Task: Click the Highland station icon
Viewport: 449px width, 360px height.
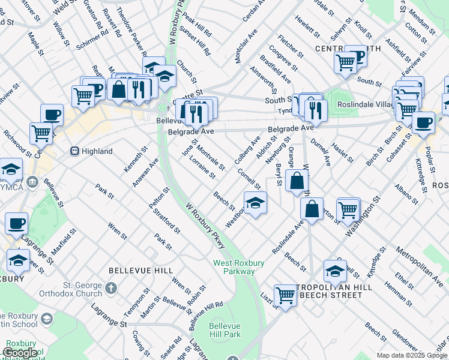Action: click(75, 151)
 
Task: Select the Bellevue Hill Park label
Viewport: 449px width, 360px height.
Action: click(224, 331)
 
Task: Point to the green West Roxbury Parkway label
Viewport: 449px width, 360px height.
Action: click(234, 267)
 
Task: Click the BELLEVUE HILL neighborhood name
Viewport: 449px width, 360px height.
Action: click(133, 271)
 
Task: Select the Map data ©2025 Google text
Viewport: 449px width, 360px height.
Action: click(411, 355)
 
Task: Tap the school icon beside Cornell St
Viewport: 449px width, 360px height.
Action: click(255, 203)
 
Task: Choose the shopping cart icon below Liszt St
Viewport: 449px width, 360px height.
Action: click(286, 295)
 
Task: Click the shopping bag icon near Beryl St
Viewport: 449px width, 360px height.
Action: click(297, 180)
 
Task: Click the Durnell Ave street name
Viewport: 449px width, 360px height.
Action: click(321, 151)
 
